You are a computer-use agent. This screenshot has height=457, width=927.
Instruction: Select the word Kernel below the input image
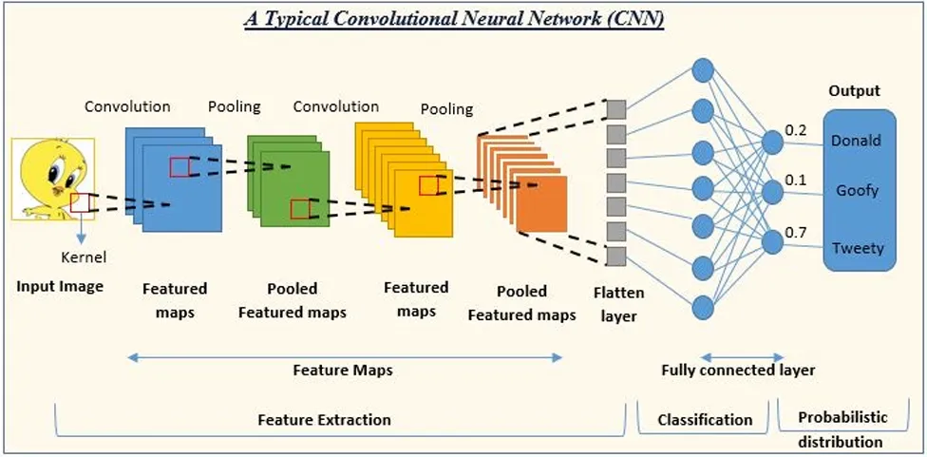click(84, 257)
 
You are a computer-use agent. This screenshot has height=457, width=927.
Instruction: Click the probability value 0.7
click(797, 233)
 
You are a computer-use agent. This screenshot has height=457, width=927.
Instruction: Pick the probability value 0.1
click(797, 181)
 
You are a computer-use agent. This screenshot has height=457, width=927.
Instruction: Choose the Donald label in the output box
click(856, 141)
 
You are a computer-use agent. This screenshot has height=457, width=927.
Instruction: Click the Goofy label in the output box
click(857, 190)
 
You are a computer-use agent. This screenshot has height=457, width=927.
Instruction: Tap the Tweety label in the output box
click(857, 248)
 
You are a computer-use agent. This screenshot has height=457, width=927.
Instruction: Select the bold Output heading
click(854, 91)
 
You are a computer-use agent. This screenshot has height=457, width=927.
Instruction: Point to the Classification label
click(705, 419)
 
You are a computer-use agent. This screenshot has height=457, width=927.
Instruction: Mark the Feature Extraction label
click(324, 419)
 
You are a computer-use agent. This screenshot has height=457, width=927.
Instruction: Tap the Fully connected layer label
click(738, 370)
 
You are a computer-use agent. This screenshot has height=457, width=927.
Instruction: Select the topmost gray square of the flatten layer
click(615, 108)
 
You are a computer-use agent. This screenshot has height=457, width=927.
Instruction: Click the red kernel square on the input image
click(80, 202)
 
